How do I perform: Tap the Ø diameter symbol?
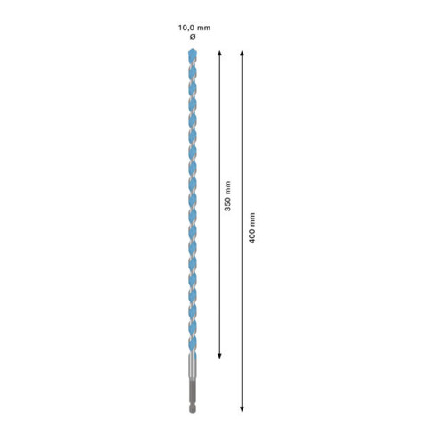tap(193, 38)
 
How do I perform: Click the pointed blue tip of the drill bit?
tap(193, 53)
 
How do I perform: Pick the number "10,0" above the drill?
tap(186, 27)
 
